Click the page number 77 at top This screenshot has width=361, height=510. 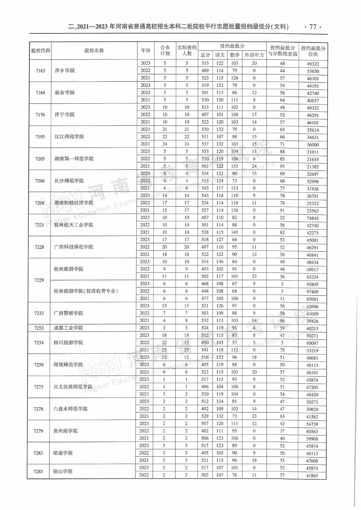coord(313,27)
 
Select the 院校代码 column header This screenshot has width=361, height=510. coord(40,51)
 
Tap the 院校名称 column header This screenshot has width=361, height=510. coord(94,51)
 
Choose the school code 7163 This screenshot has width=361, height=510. coord(40,70)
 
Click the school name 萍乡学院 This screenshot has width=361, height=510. coord(65,70)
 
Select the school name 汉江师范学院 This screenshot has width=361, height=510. coord(69,137)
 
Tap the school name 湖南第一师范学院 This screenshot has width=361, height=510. coord(74,159)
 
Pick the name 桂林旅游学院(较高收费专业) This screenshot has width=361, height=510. coord(86,291)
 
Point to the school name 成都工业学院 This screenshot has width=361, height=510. coord(68,328)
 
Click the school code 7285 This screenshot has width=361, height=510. coord(38,471)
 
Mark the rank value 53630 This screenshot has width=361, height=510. coord(313,71)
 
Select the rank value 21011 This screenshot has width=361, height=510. coord(313,152)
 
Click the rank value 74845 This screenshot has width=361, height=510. coord(313,218)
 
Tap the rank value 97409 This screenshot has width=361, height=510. coord(313,292)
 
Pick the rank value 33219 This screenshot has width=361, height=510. coord(312,350)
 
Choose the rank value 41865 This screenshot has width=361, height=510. coord(312,476)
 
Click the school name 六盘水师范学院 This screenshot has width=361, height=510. coord(70,409)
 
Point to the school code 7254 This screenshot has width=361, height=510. coord(39,343)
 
